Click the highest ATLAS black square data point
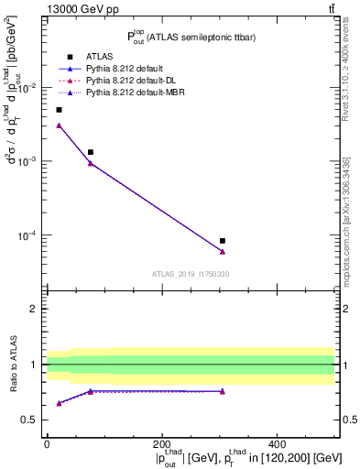[60, 110]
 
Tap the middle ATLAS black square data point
[90, 152]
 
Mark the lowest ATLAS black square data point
[223, 241]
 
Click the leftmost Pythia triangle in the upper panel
[60, 125]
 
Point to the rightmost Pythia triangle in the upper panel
[223, 252]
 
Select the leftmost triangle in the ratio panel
[60, 403]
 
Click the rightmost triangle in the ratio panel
[223, 391]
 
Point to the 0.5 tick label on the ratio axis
[30, 420]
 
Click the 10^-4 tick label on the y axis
[27, 235]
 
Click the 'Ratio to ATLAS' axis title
[12, 365]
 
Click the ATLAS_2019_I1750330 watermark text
[190, 274]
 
